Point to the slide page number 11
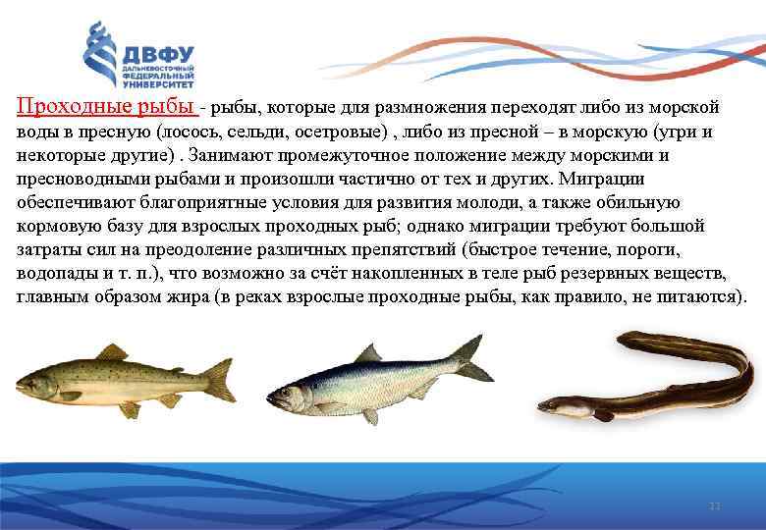(x=715, y=505)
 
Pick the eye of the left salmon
(x=30, y=376)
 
